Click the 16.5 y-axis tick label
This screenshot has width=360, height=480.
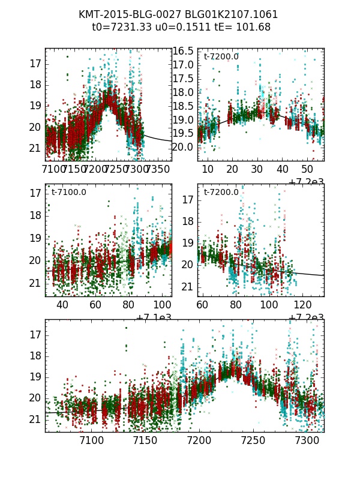(x=184, y=51)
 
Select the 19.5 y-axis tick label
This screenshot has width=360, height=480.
(x=184, y=133)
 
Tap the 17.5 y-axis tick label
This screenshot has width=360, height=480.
(x=184, y=79)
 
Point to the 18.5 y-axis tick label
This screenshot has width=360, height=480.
(x=184, y=106)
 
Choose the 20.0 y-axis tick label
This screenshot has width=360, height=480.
(x=184, y=147)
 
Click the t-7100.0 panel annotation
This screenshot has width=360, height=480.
(x=68, y=193)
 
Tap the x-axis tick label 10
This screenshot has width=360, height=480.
(x=208, y=169)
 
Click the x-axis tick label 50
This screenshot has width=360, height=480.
(x=308, y=169)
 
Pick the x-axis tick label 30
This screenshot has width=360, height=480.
(x=258, y=169)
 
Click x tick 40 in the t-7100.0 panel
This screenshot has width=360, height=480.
(x=62, y=304)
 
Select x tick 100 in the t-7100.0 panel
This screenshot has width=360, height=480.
(x=161, y=304)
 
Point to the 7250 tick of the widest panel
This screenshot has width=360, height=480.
(x=253, y=440)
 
